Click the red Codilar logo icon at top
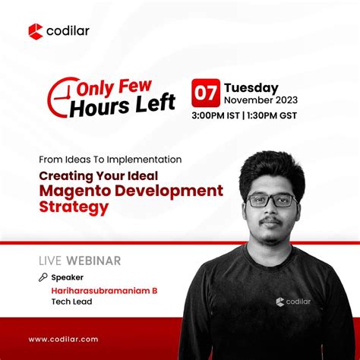[x=35, y=31]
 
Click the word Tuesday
[x=251, y=87]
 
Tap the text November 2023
[x=260, y=100]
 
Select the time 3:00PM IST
[x=219, y=115]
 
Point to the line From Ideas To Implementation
[x=111, y=159]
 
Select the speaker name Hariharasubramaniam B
[x=100, y=291]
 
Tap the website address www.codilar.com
[x=63, y=339]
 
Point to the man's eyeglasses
[x=271, y=200]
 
